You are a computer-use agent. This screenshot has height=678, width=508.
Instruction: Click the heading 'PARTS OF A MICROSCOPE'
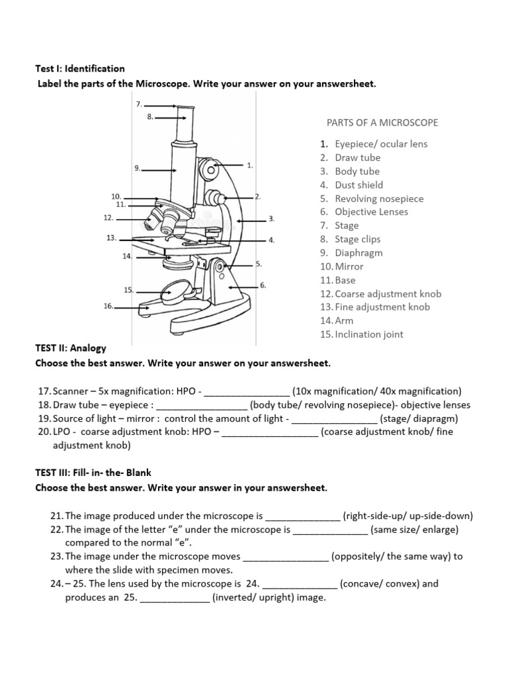[382, 122]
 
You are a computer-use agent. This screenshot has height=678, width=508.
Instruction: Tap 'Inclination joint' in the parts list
[369, 334]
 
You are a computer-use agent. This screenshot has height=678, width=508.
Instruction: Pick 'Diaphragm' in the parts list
[359, 253]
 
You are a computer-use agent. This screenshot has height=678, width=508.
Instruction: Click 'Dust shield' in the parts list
[359, 185]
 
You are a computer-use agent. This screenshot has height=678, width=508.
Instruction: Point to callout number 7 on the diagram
[139, 105]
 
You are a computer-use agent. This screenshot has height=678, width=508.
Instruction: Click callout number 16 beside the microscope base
[108, 307]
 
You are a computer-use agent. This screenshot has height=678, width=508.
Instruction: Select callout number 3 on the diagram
[271, 218]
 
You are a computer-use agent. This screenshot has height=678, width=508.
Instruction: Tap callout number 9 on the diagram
[138, 169]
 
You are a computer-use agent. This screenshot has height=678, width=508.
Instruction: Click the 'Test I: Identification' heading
[79, 68]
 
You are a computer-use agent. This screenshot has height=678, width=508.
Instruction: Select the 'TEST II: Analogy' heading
[70, 348]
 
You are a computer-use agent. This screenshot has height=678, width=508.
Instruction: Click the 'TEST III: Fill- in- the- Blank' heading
[93, 473]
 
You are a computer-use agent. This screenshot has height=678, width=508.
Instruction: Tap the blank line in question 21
[302, 516]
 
